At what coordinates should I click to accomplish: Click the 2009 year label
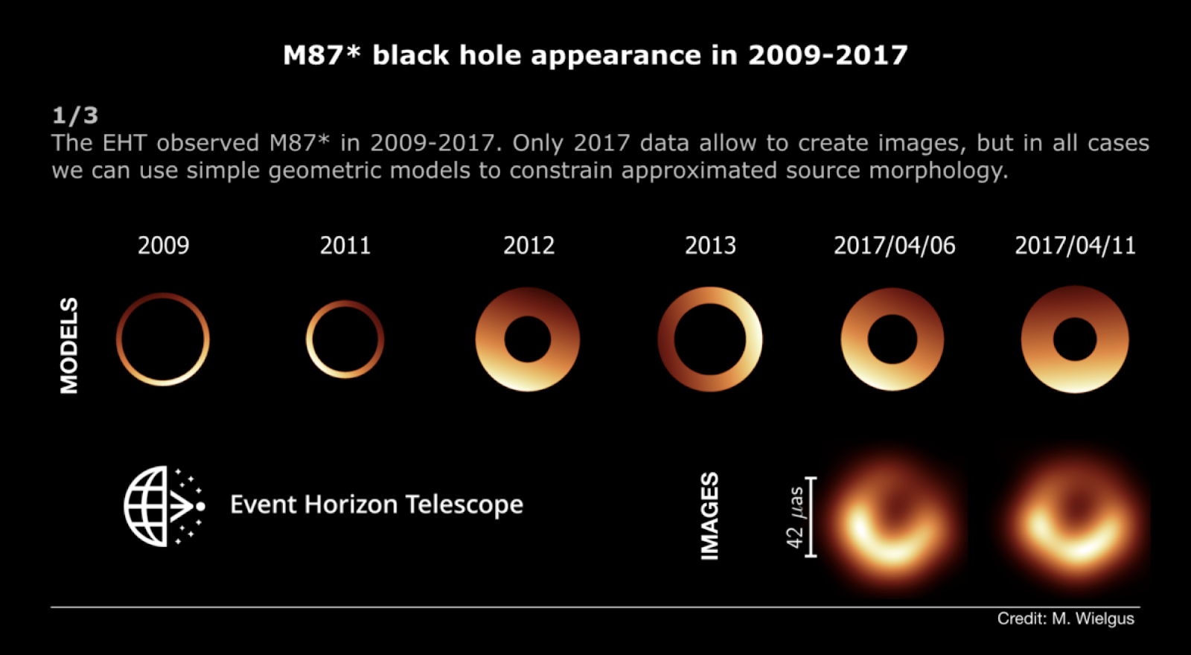pyautogui.click(x=163, y=246)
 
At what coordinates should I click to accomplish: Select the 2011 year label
pyautogui.click(x=345, y=246)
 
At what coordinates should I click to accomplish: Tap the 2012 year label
pyautogui.click(x=529, y=246)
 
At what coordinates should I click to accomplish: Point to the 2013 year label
pyautogui.click(x=710, y=246)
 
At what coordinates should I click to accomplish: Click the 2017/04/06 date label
pyautogui.click(x=894, y=246)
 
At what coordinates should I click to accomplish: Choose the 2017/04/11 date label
pyautogui.click(x=1075, y=246)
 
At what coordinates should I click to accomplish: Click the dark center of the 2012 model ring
pyautogui.click(x=528, y=339)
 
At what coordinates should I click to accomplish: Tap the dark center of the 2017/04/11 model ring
pyautogui.click(x=1075, y=339)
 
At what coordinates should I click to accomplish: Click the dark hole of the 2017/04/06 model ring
pyautogui.click(x=893, y=339)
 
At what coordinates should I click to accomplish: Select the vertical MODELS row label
pyautogui.click(x=69, y=345)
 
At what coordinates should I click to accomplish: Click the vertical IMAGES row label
pyautogui.click(x=710, y=517)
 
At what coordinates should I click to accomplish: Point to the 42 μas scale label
pyautogui.click(x=796, y=517)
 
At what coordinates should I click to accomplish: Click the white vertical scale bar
pyautogui.click(x=811, y=517)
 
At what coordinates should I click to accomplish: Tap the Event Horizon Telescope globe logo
pyautogui.click(x=165, y=506)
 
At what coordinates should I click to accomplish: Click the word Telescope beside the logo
pyautogui.click(x=464, y=504)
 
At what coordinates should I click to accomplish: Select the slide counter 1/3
pyautogui.click(x=75, y=115)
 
